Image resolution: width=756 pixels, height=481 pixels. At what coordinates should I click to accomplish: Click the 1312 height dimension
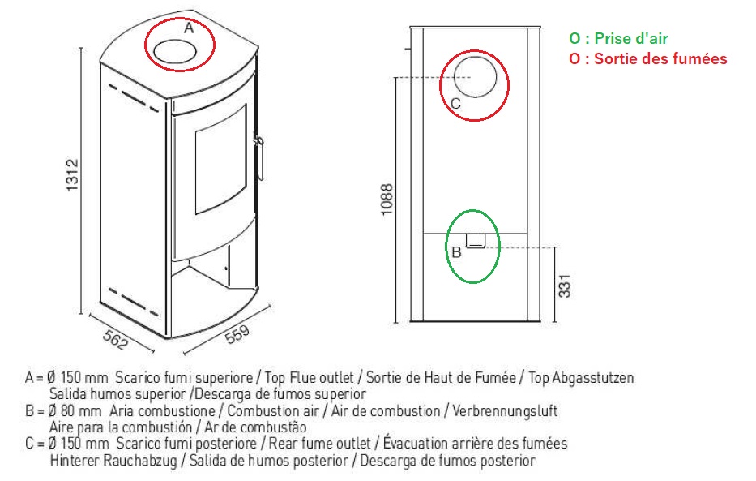pyautogui.click(x=72, y=174)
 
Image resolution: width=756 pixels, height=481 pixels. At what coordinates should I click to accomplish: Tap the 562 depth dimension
pyautogui.click(x=115, y=340)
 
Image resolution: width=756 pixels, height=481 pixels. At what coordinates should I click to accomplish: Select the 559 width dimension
pyautogui.click(x=237, y=334)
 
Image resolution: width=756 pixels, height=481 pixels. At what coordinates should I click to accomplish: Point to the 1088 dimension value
pyautogui.click(x=387, y=200)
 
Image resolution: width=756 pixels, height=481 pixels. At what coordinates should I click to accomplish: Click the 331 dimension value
pyautogui.click(x=564, y=286)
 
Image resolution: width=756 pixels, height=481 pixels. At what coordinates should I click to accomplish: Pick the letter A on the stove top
pyautogui.click(x=189, y=28)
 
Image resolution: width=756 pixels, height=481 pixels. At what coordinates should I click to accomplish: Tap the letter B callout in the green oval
pyautogui.click(x=456, y=252)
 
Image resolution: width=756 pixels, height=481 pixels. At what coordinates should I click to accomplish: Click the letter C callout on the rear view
pyautogui.click(x=455, y=104)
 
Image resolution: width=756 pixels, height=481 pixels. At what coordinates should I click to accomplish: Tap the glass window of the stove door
pyautogui.click(x=221, y=159)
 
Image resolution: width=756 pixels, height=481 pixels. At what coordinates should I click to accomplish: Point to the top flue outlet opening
pyautogui.click(x=176, y=52)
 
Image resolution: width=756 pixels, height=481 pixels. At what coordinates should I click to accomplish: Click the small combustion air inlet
pyautogui.click(x=476, y=241)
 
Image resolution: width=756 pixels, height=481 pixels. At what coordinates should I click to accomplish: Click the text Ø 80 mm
pyautogui.click(x=75, y=411)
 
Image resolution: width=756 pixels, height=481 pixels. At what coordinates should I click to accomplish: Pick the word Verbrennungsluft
pyautogui.click(x=505, y=411)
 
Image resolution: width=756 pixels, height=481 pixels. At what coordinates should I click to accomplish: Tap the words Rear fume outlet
pyautogui.click(x=320, y=444)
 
